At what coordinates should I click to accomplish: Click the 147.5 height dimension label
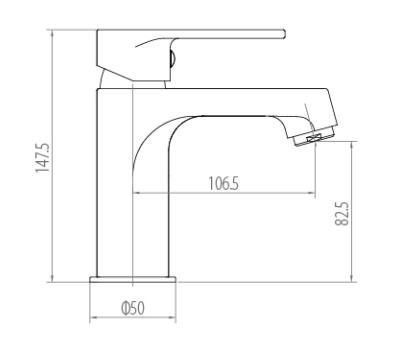click(43, 158)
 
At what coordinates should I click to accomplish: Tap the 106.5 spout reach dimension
click(224, 184)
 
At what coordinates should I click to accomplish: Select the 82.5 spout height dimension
click(342, 214)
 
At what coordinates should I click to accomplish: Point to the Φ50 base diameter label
click(133, 308)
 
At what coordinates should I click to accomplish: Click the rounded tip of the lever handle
click(284, 34)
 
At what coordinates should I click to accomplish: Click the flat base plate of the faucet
click(133, 280)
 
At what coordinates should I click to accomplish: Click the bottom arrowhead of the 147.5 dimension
click(52, 278)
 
